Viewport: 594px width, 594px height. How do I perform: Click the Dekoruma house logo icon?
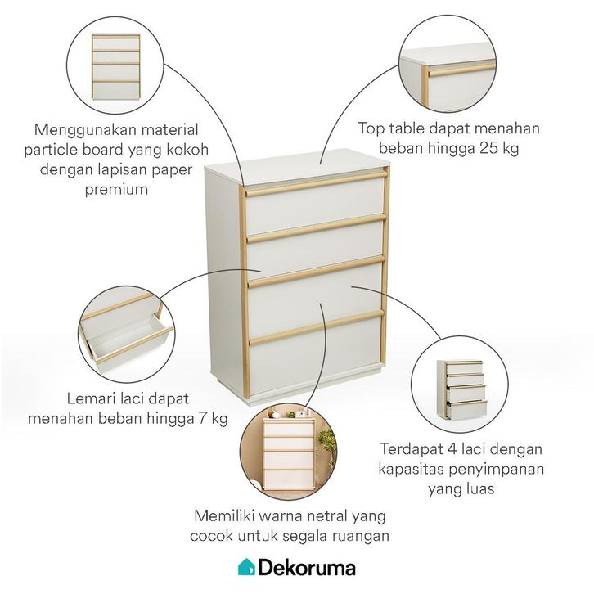coord(246,566)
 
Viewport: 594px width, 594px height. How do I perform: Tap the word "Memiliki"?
coord(226,517)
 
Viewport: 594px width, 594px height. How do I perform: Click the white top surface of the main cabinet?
coord(295,169)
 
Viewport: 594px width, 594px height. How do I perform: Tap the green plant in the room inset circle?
coord(326,445)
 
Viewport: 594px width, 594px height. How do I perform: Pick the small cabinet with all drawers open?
coord(461,389)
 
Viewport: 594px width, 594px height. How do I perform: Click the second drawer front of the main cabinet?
coord(315,250)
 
